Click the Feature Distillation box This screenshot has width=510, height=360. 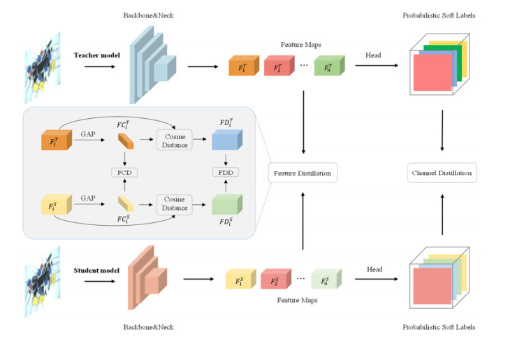click(x=303, y=172)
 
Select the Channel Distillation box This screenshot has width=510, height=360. click(x=442, y=172)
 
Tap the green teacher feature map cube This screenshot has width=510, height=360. click(x=325, y=68)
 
